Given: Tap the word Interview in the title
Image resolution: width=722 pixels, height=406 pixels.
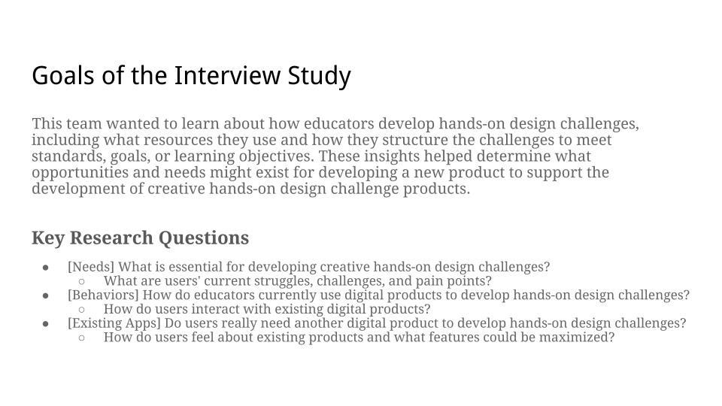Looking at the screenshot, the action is (x=227, y=75).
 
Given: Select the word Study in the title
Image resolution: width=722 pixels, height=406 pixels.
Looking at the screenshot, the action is (x=319, y=77).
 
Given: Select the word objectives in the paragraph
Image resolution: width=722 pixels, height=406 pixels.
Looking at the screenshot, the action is (x=276, y=157).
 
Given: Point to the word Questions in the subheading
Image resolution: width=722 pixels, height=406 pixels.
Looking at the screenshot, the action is (x=204, y=238).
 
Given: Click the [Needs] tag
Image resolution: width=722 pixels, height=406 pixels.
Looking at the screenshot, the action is (x=91, y=267).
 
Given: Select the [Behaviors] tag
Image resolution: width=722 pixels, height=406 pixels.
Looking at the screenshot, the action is (x=103, y=295).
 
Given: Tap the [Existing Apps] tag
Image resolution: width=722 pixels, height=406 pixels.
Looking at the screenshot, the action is (x=114, y=323).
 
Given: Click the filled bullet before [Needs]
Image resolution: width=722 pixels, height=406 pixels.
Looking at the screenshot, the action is (x=46, y=268).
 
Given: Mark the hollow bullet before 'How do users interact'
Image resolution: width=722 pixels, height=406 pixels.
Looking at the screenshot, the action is (x=81, y=309).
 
